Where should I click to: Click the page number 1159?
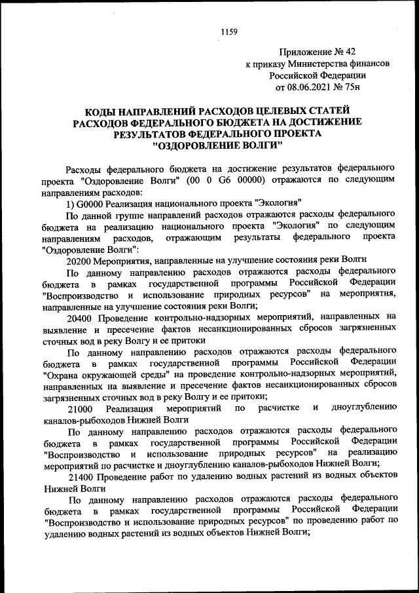(228, 31)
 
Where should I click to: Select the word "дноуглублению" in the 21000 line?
(363, 408)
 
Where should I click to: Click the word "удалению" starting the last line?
(63, 533)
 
